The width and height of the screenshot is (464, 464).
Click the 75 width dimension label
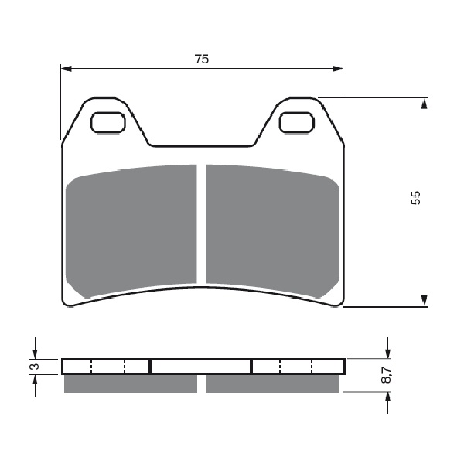pos(202,60)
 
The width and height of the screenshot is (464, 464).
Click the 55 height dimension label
pos(415,198)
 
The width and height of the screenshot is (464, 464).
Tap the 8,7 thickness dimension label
pos(386,375)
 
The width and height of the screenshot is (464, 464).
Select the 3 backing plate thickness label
pos(35,367)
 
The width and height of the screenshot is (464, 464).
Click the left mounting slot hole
pos(108,122)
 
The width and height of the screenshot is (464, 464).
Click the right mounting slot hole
pos(296,122)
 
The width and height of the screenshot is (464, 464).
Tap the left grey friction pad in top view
pos(131,230)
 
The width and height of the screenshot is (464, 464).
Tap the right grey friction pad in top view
pos(273,230)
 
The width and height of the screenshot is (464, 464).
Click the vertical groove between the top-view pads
pos(202,224)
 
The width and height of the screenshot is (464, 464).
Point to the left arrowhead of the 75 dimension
pos(66,69)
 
